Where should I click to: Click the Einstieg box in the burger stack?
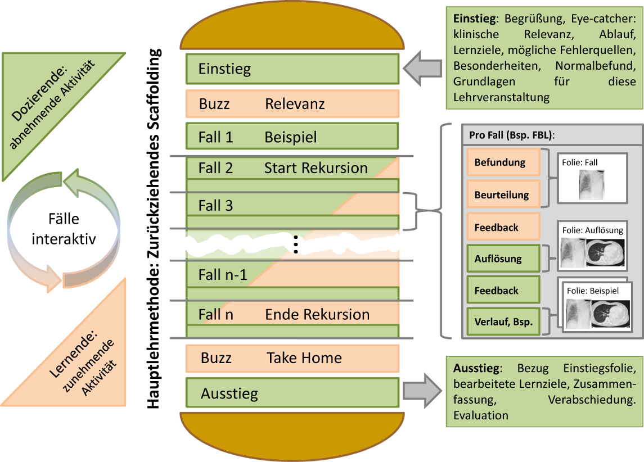point(292,69)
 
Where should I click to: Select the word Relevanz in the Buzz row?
point(295,104)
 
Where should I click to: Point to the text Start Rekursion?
point(316,168)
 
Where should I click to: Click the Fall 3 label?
point(215,206)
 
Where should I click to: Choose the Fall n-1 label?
point(223,275)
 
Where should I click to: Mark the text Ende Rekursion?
point(317,314)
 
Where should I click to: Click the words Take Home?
point(304,358)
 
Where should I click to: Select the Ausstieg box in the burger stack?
point(292,393)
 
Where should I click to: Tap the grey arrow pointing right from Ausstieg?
point(423,391)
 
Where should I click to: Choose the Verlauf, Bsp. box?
point(503,323)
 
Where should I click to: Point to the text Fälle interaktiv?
point(64,229)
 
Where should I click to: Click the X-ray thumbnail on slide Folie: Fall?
point(592,184)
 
